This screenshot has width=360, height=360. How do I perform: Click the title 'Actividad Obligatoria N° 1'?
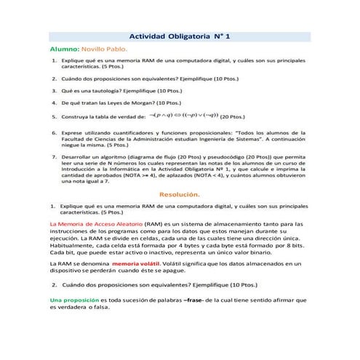(178, 36)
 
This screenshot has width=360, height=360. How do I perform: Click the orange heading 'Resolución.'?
(179, 194)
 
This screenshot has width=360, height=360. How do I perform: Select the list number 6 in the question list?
(55, 134)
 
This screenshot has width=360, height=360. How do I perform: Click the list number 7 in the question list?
(55, 156)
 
